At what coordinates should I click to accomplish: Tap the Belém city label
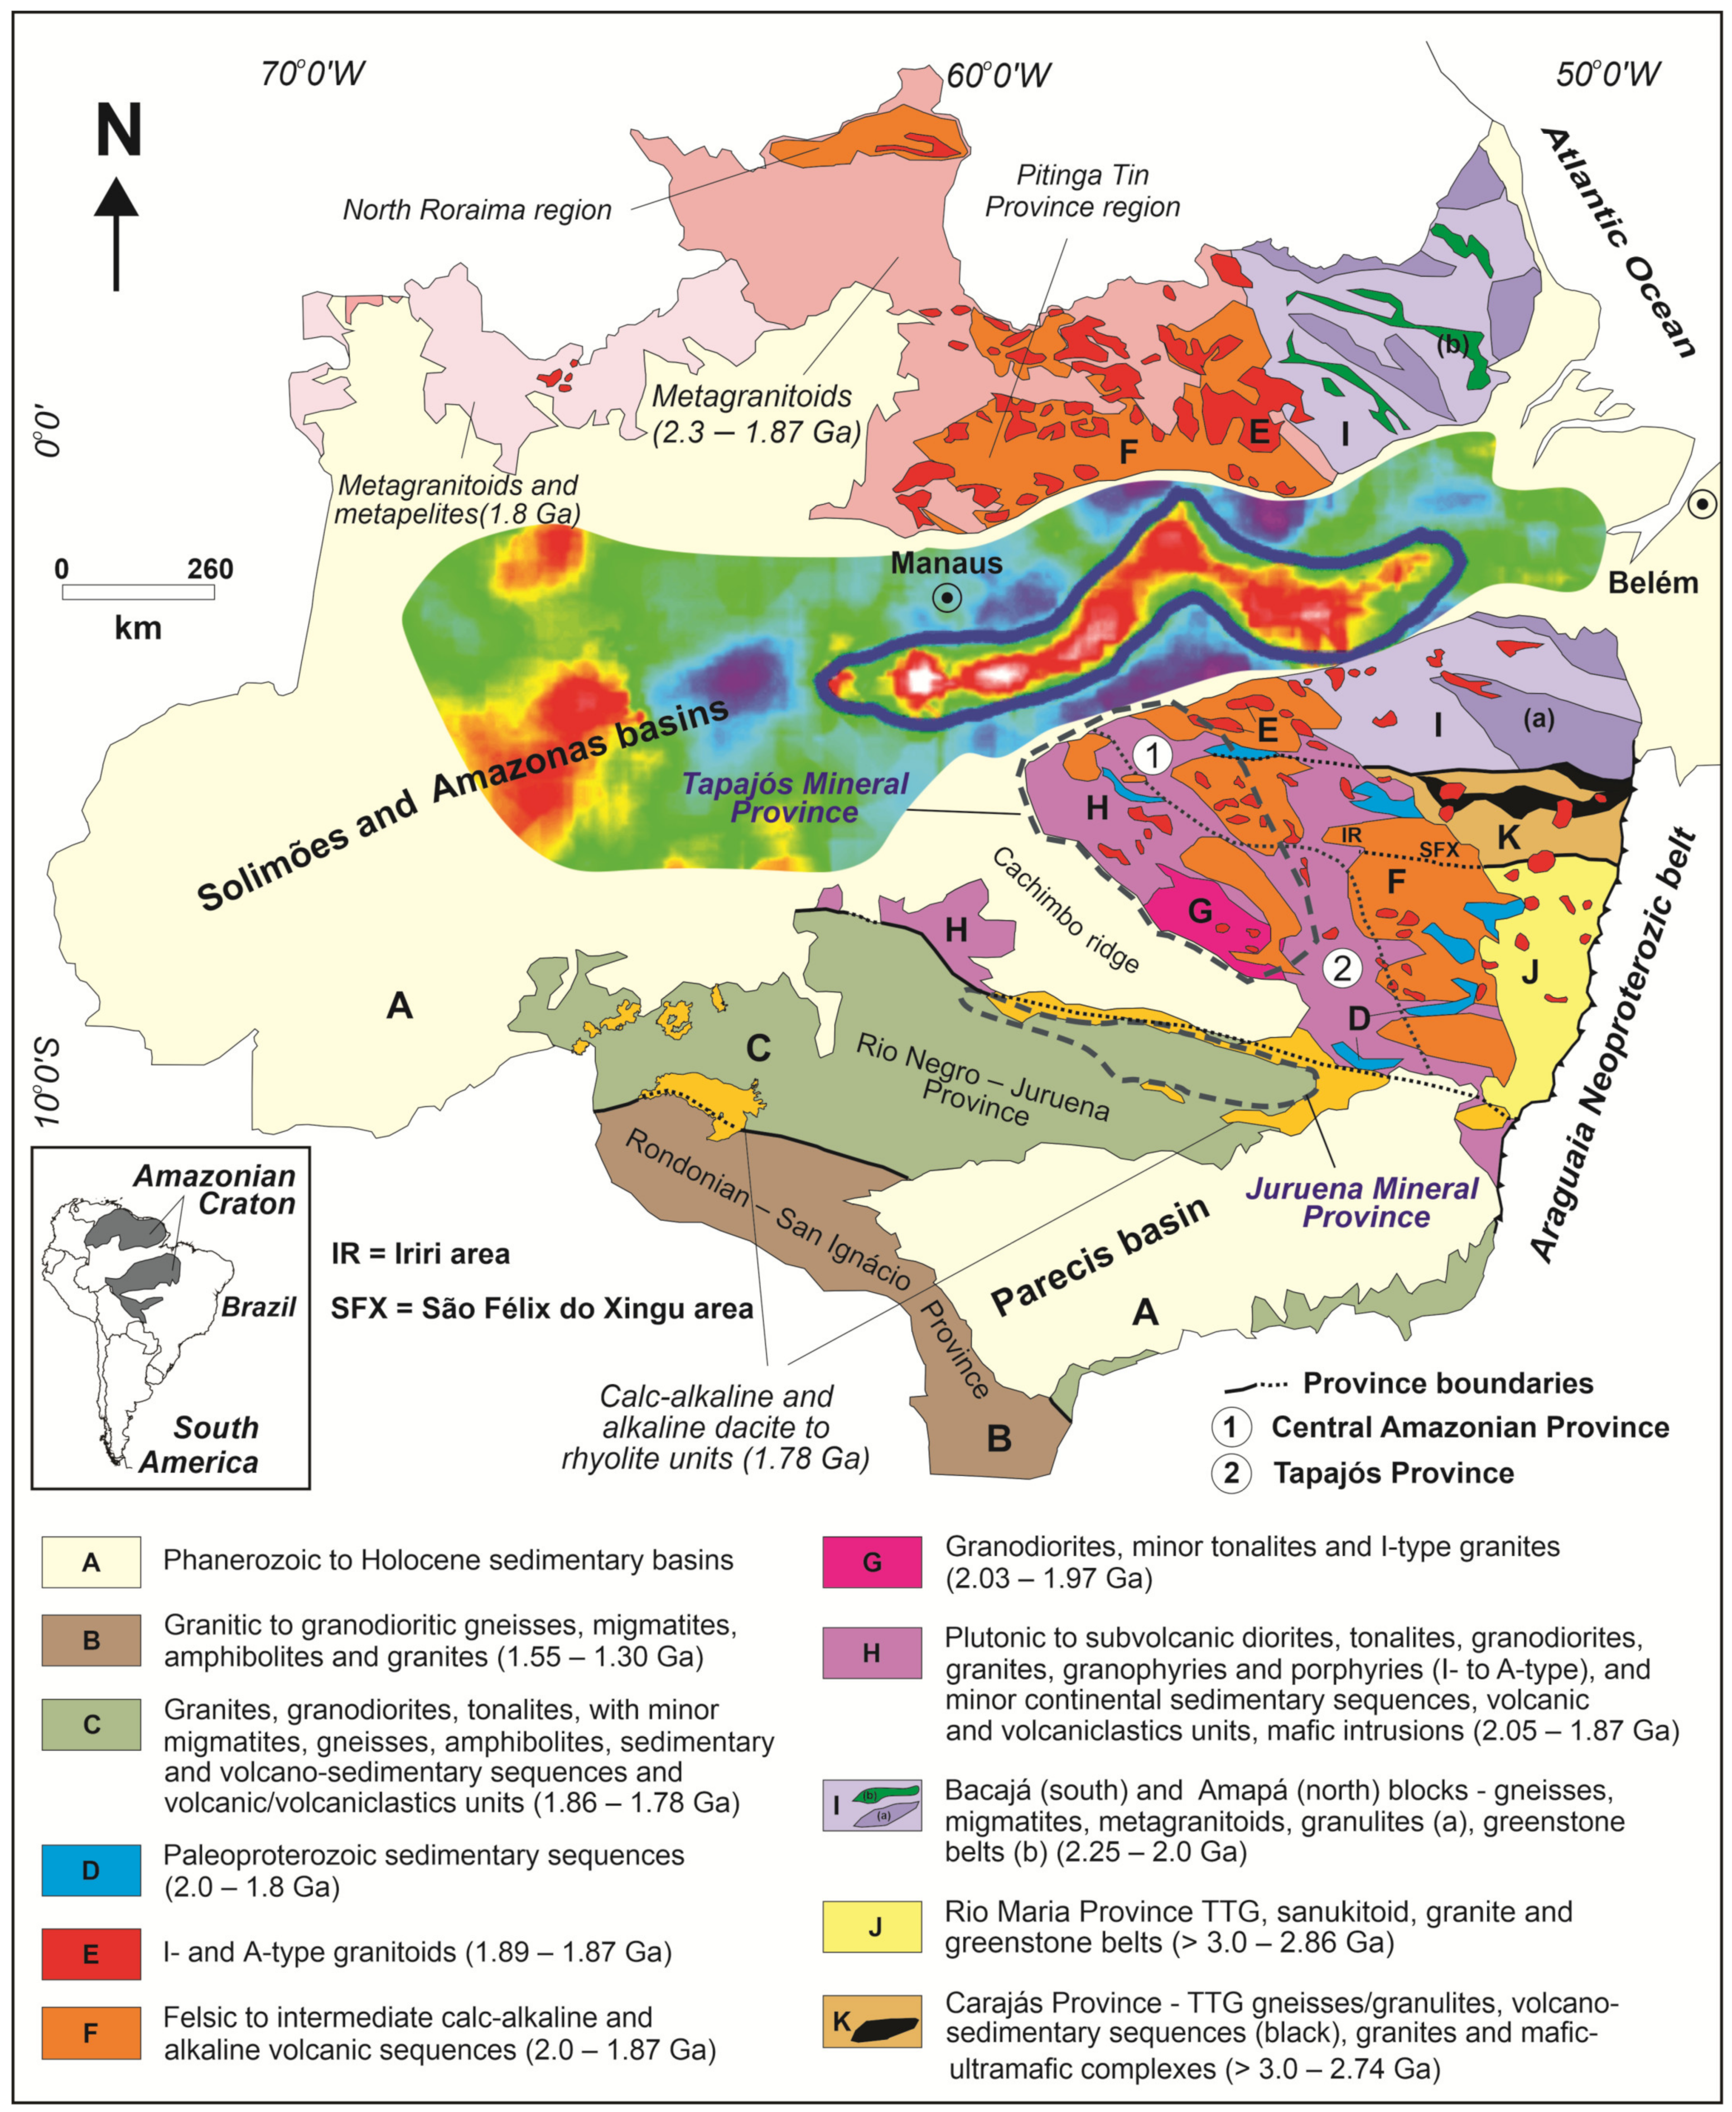click(1652, 583)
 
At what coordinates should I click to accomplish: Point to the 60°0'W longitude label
click(998, 75)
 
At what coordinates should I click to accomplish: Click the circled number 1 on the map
click(1152, 755)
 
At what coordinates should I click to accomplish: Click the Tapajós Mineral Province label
click(795, 797)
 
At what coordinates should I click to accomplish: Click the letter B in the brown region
click(998, 1438)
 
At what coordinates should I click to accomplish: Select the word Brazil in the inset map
click(258, 1307)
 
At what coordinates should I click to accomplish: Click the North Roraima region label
click(477, 210)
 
